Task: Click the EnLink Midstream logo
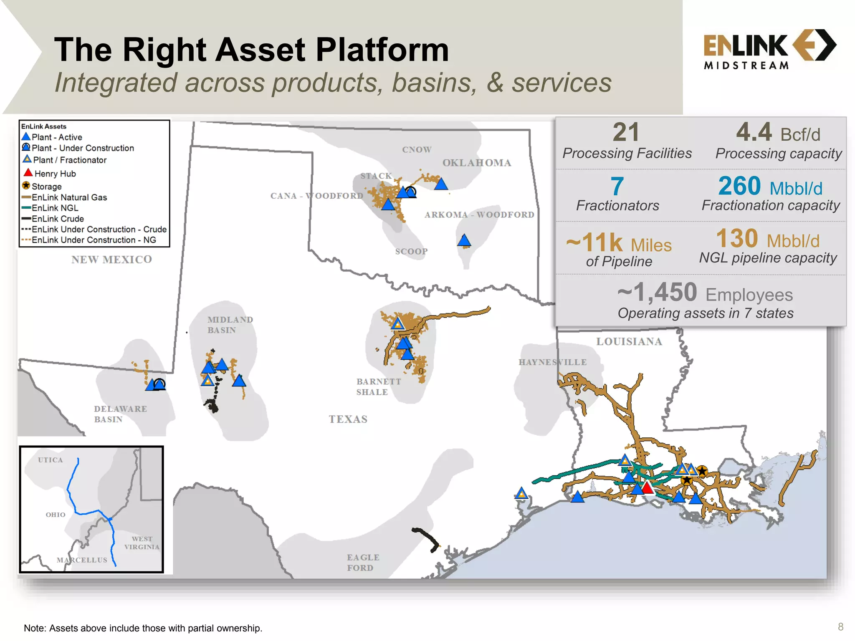coord(769,49)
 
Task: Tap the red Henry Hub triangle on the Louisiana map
coord(647,487)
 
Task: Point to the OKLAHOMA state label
coord(476,163)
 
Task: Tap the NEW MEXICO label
coord(111,260)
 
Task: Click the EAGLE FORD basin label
coord(363,562)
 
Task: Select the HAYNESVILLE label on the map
coord(552,362)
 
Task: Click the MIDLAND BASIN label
coord(230,325)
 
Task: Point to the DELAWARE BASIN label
coord(120,414)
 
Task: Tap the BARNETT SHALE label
coord(378,387)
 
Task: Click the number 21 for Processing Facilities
coord(626,132)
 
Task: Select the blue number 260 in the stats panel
coord(739,186)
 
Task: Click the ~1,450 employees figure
coord(657,292)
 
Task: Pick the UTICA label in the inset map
coord(51,460)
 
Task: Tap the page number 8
coord(840,627)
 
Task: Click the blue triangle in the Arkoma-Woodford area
coord(464,240)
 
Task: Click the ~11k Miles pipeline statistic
coord(618,243)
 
